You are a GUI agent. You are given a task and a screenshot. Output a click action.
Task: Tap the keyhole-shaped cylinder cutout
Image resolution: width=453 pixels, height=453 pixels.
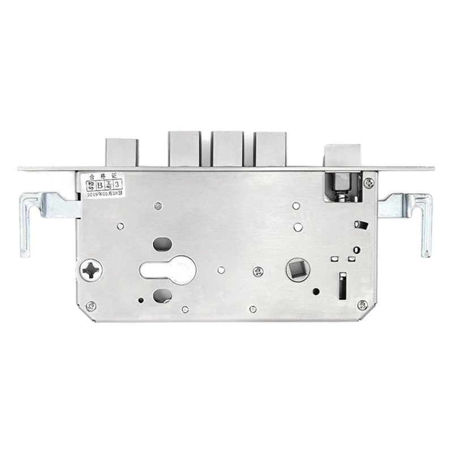(x=168, y=270)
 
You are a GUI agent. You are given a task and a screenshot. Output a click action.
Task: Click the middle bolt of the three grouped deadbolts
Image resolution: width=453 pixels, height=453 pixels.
(x=227, y=148)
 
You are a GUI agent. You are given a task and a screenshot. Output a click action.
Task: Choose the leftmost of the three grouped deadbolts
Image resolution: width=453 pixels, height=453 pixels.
(x=184, y=148)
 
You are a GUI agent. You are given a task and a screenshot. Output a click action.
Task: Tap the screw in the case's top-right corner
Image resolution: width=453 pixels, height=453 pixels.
(x=369, y=182)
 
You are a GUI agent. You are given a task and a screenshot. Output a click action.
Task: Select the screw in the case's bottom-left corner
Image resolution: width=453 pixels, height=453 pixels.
(x=91, y=306)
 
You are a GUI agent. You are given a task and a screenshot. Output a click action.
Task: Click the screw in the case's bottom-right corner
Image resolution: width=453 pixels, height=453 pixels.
(x=363, y=306)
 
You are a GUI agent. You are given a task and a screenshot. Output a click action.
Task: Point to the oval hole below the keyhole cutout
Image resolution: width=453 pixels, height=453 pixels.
(x=161, y=294)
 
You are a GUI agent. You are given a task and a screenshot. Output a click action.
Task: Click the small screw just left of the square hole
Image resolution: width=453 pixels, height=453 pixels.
(x=258, y=272)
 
